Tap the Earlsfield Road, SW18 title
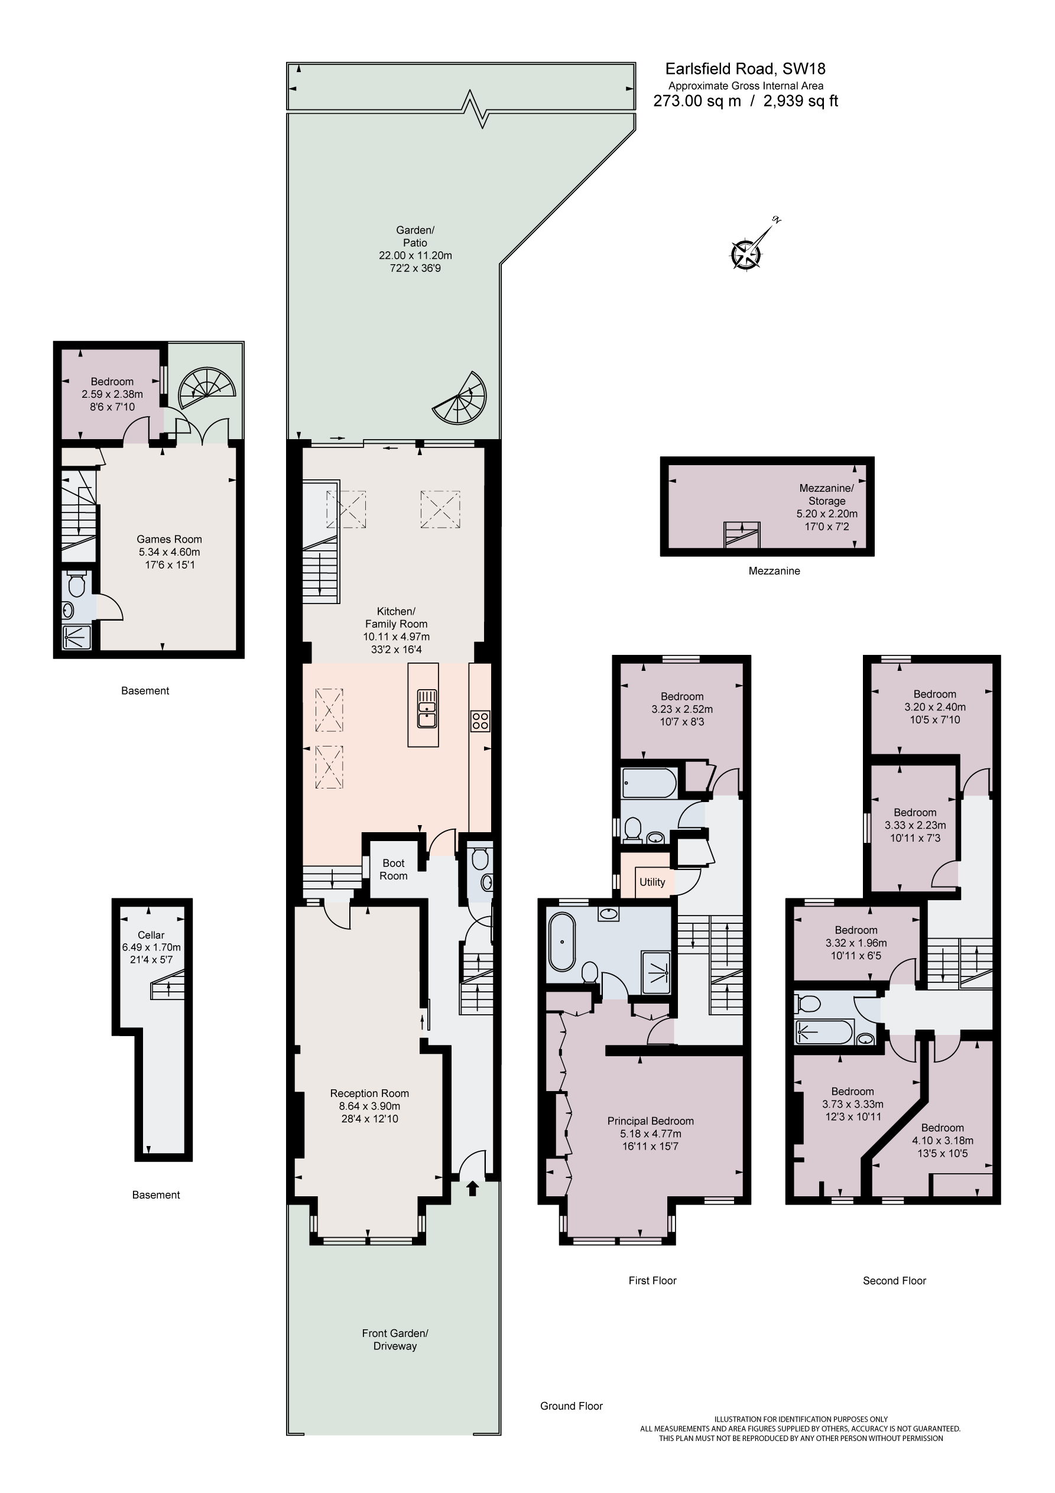coord(745,69)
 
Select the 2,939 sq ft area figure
coord(801,102)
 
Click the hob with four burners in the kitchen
coord(480,721)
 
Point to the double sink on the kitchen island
coord(427,707)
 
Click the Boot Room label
coord(394,869)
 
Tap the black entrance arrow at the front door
coord(473,1189)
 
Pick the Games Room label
coord(169,539)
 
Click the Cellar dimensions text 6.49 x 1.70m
coord(151,947)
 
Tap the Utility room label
coord(652,882)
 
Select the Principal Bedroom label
coord(650,1121)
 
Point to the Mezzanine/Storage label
coord(826,494)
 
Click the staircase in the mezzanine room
coord(742,534)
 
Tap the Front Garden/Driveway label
coord(395,1339)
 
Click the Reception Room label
coord(369,1093)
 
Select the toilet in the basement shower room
coord(77,585)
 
